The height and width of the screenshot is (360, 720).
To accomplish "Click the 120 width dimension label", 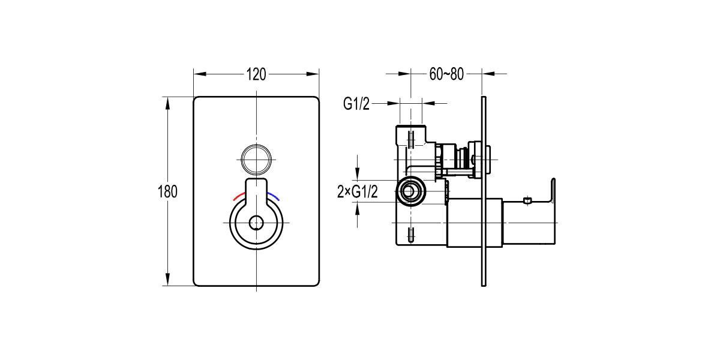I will [x=256, y=74].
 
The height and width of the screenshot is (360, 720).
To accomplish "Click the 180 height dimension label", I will [x=167, y=192].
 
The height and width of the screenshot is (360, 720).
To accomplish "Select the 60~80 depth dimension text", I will [x=446, y=74].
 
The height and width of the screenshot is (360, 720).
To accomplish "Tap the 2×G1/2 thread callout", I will [x=358, y=192].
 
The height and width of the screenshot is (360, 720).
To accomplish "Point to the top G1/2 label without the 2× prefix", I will [x=356, y=104].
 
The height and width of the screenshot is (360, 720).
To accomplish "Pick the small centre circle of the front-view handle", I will [x=256, y=223].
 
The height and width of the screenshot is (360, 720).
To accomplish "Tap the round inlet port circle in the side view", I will [x=410, y=193].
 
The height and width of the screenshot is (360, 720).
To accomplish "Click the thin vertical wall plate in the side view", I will [x=484, y=191].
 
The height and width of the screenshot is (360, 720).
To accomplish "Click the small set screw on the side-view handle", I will [x=527, y=200].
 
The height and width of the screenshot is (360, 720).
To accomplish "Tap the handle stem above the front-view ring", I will [x=257, y=189].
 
